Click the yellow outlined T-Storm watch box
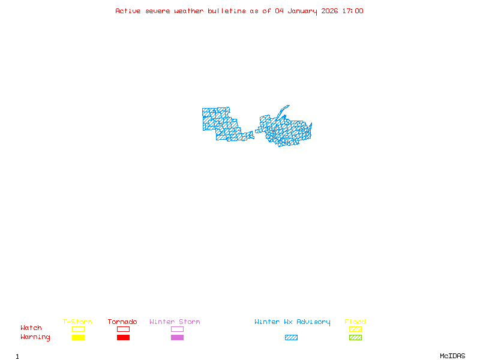[x=78, y=329]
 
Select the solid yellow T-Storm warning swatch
[x=78, y=338]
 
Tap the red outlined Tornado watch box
[x=123, y=329]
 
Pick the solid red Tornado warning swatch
[x=123, y=338]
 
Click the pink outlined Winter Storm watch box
[x=177, y=329]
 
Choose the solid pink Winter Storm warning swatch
[x=177, y=338]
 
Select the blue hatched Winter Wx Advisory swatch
[x=291, y=338]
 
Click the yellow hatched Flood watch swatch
[x=355, y=329]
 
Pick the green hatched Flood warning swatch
[x=355, y=338]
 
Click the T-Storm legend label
[x=77, y=322]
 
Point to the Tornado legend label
[x=122, y=322]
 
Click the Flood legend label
[x=355, y=322]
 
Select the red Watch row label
[x=31, y=328]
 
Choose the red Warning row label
[x=35, y=337]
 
